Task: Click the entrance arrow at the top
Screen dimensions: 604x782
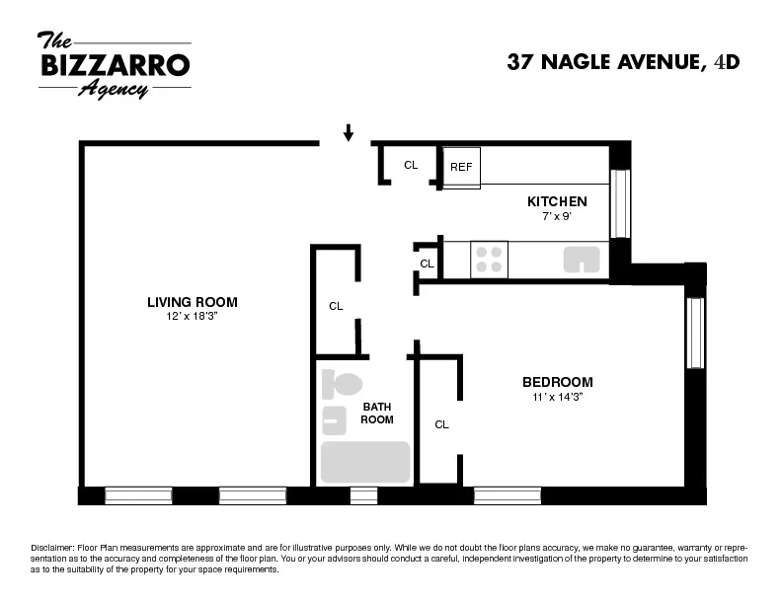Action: [349, 132]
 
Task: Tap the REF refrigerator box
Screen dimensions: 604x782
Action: [461, 167]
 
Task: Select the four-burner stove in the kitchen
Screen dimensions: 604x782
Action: [489, 259]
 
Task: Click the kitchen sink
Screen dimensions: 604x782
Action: [583, 260]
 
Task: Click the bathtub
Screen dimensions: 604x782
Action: [364, 462]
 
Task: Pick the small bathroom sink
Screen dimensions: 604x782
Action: [334, 420]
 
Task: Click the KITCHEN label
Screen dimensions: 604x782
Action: [556, 201]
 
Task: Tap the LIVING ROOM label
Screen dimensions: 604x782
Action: [193, 302]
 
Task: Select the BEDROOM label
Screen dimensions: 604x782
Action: [557, 382]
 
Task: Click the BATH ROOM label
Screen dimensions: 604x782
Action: [377, 413]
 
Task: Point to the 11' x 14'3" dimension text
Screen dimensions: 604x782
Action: [557, 397]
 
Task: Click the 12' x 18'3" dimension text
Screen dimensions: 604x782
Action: [193, 317]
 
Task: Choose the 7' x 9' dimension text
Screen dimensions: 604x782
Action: [556, 216]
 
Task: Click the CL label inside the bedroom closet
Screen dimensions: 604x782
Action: [441, 424]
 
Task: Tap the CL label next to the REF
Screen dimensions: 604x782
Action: [411, 165]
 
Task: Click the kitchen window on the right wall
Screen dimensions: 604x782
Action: [620, 204]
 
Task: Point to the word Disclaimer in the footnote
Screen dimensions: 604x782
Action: [53, 547]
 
